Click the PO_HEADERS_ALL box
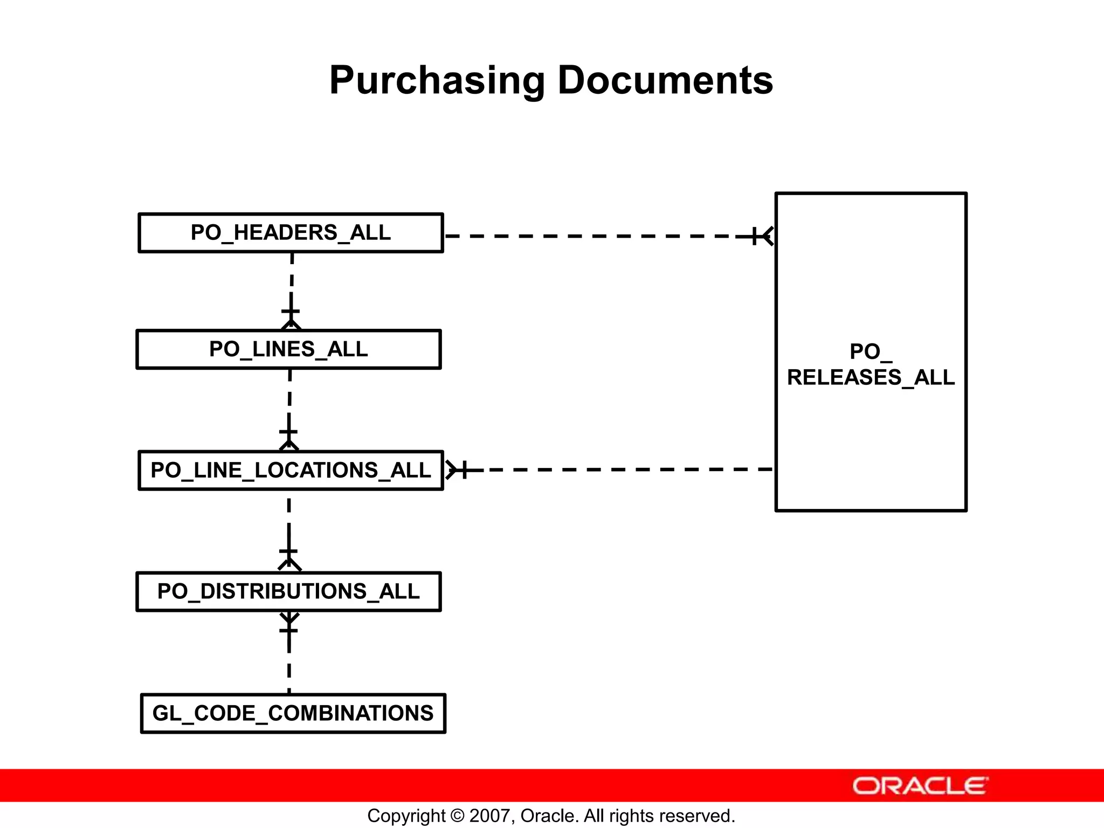[x=291, y=233]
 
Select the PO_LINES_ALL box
[x=288, y=349]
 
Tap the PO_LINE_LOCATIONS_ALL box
[x=291, y=471]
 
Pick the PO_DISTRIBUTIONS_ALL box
[x=288, y=591]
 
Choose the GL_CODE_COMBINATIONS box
[x=293, y=713]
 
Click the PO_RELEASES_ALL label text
[x=871, y=364]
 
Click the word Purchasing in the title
[x=437, y=80]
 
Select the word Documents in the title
[x=665, y=80]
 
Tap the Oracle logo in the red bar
[x=920, y=785]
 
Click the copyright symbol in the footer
[x=457, y=816]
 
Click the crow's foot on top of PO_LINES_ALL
[x=291, y=324]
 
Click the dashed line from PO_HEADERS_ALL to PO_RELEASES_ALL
[x=593, y=236]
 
